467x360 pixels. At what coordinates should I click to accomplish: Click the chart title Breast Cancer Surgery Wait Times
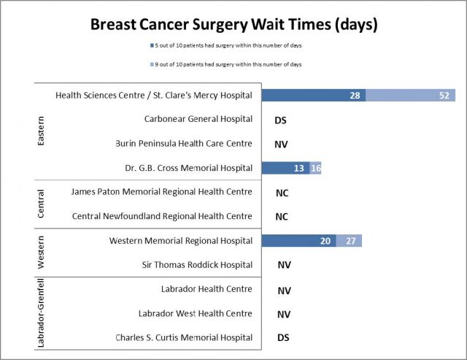pos(233,24)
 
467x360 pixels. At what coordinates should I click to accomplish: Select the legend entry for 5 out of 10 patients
pos(233,46)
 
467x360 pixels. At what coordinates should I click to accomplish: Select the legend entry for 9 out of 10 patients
pos(233,64)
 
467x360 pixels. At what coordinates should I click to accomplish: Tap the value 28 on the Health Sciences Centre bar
pos(355,96)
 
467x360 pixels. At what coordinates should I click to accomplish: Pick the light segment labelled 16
pos(315,168)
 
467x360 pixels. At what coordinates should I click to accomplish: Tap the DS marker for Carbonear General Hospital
pos(281,120)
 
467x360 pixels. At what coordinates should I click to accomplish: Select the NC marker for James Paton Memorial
pos(282,193)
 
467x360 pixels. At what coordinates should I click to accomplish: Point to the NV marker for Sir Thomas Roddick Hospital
pos(285,265)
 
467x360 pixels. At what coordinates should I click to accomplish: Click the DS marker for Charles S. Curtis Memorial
pos(285,337)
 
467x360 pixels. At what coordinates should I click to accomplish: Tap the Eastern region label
pos(41,131)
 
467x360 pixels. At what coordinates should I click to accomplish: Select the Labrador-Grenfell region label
pos(41,313)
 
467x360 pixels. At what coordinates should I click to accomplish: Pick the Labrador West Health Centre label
pos(196,313)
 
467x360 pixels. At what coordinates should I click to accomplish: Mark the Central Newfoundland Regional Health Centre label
pos(163,216)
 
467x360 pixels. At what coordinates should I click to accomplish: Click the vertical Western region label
pos(41,253)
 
